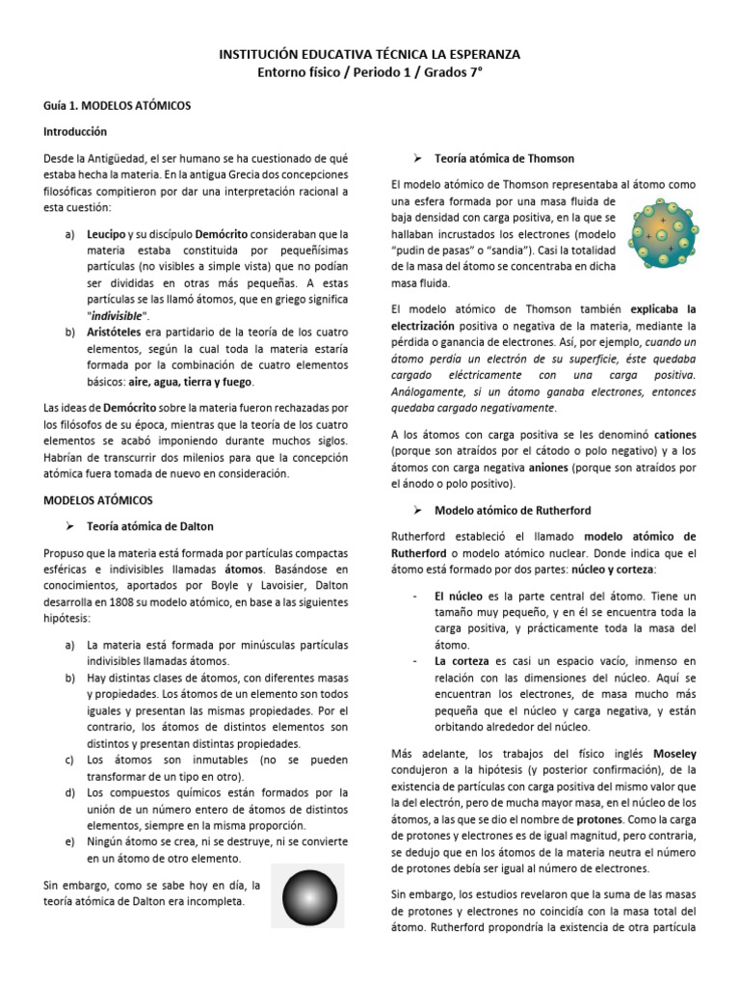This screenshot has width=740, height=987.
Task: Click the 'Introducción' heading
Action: (75, 131)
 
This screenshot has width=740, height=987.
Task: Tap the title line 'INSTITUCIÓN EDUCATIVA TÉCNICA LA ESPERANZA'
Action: (370, 56)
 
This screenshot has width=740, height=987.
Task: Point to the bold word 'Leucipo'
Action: (106, 234)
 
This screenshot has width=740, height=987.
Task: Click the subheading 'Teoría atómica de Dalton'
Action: (150, 526)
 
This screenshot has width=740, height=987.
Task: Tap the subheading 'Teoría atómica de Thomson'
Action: (504, 158)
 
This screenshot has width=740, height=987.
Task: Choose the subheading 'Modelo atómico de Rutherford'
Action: (513, 510)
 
